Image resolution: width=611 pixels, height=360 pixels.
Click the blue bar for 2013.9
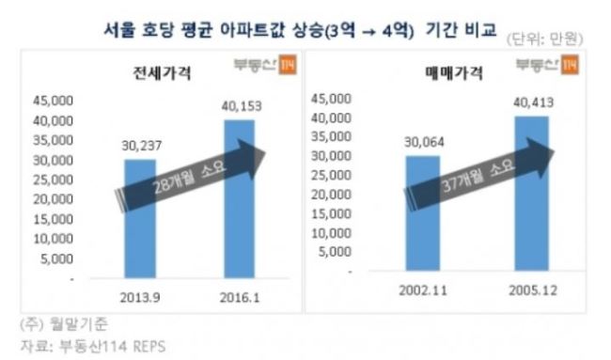(140, 219)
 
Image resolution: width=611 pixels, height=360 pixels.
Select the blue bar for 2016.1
(240, 198)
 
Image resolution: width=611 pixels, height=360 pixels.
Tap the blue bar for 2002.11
(423, 213)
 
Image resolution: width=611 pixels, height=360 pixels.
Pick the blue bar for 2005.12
(531, 194)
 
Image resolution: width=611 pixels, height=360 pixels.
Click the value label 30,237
(141, 146)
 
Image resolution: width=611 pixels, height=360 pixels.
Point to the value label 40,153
(242, 106)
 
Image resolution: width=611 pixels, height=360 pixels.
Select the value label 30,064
(424, 142)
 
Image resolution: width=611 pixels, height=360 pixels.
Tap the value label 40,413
(534, 102)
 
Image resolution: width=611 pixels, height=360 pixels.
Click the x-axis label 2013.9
(140, 298)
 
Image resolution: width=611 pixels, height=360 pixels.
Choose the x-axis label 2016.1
(240, 298)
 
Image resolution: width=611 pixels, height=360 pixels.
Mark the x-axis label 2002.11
(423, 290)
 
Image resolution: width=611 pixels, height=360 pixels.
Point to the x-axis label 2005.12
(533, 290)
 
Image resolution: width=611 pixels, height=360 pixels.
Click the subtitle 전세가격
(162, 72)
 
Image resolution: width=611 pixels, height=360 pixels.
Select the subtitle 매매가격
(454, 73)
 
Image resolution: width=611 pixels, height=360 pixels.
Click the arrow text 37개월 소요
(478, 176)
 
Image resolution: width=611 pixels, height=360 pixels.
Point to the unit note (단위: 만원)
(544, 39)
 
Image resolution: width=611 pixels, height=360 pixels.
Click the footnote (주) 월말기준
(64, 324)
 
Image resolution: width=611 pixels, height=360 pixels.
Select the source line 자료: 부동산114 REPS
(93, 346)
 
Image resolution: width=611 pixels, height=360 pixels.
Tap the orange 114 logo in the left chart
(288, 64)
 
